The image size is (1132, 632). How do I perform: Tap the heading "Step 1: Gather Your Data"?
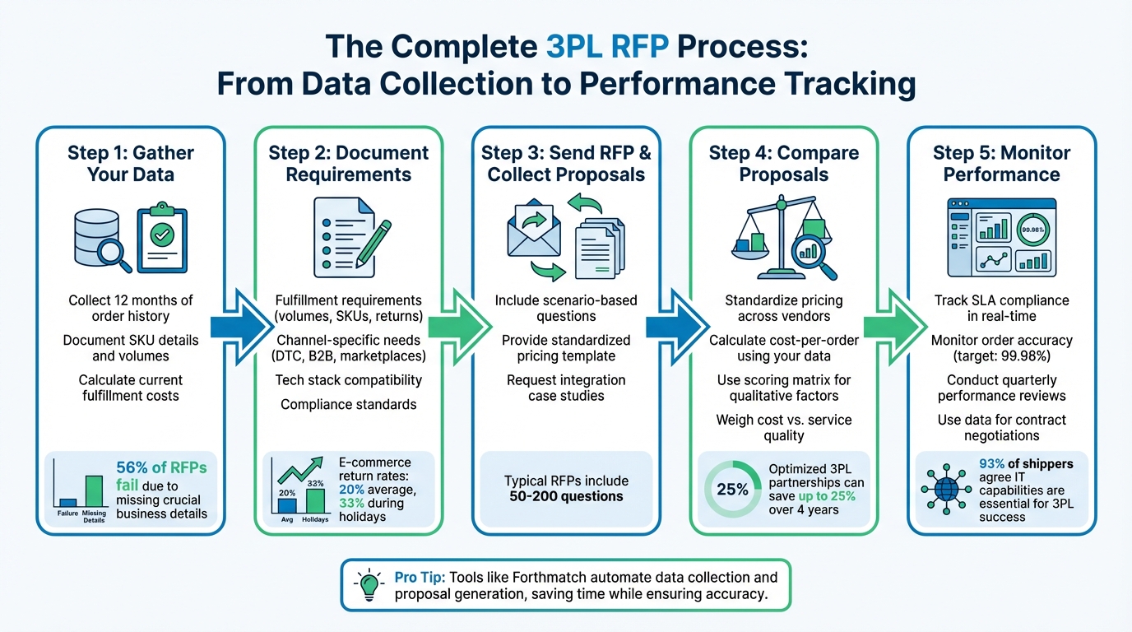click(131, 164)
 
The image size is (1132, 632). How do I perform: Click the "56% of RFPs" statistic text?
click(161, 467)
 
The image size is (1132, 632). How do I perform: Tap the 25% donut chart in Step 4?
click(731, 489)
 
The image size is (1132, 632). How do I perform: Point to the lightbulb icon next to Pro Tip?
click(368, 585)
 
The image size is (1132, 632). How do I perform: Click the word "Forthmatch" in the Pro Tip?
click(550, 577)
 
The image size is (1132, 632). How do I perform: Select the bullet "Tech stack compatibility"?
click(348, 380)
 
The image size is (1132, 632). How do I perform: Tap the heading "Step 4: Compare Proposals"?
click(784, 164)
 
